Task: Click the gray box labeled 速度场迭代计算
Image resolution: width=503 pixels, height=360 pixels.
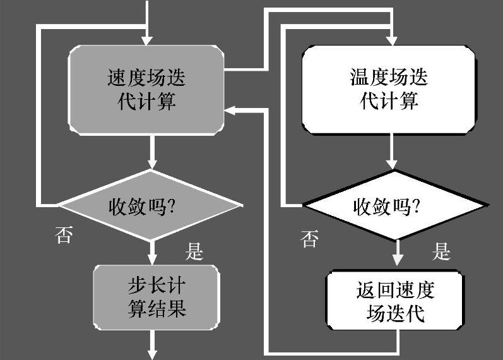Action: click(x=146, y=90)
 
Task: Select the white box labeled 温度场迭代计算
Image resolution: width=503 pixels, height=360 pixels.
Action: click(x=389, y=90)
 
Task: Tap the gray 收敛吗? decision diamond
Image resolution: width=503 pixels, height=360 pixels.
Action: click(x=150, y=205)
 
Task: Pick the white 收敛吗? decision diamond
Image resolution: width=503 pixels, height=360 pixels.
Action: click(x=395, y=205)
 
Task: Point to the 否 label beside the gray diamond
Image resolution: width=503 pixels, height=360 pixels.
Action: click(x=63, y=236)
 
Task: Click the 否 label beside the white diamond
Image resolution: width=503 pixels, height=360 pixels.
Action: click(x=309, y=239)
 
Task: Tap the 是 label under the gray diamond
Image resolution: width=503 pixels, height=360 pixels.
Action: click(x=194, y=252)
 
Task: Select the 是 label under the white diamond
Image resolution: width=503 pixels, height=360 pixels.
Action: click(x=441, y=252)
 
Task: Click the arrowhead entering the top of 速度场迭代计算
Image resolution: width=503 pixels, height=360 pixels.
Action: click(x=147, y=40)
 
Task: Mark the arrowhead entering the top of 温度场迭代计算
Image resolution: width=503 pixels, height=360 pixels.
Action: click(x=392, y=40)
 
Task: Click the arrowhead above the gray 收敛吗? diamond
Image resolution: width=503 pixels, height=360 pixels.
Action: click(x=151, y=164)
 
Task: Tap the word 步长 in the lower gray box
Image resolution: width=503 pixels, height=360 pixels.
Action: click(x=142, y=285)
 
